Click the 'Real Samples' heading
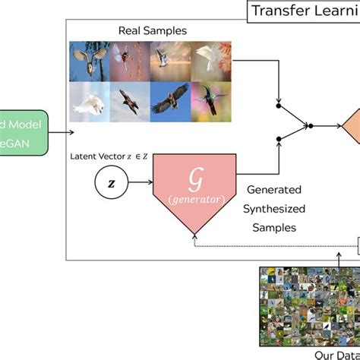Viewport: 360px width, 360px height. click(152, 31)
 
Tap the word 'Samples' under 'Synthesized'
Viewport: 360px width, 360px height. click(272, 226)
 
